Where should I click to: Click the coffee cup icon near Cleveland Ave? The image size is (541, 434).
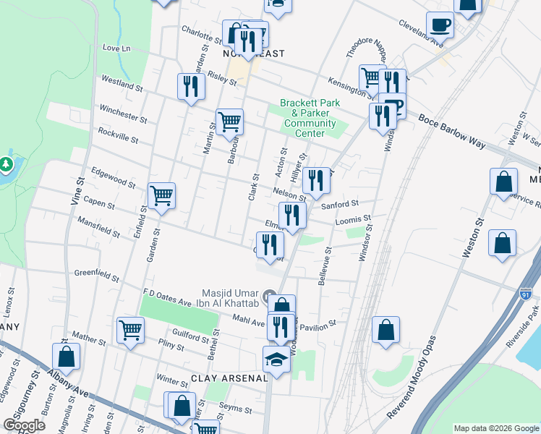440,26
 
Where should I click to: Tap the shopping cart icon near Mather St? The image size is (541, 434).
130,331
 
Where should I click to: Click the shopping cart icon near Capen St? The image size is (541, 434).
161,195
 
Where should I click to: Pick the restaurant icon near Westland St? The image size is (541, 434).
191,88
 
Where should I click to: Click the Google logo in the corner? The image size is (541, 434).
24,425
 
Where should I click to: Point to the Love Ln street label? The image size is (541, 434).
116,48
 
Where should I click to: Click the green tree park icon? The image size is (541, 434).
6,165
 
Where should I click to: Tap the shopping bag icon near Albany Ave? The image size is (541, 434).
66,356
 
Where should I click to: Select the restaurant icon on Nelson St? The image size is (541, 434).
316,180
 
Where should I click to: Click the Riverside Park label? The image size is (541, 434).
524,329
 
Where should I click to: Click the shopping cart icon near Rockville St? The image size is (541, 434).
229,122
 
